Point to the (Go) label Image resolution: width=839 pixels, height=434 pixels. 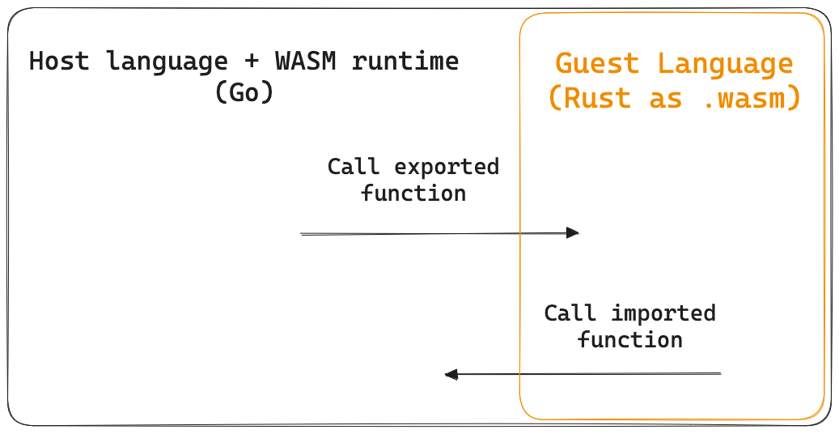tap(244, 92)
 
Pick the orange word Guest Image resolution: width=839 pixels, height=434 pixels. tap(597, 63)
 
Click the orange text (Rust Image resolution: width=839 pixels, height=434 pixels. tap(588, 98)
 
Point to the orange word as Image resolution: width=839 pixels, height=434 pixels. tap(665, 98)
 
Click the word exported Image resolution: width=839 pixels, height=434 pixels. tap(447, 167)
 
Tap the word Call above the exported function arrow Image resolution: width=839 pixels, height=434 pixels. tap(353, 167)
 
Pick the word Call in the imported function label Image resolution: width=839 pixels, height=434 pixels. tap(570, 313)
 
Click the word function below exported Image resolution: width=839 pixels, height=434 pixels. tap(413, 194)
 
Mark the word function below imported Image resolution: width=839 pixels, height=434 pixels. tap(630, 339)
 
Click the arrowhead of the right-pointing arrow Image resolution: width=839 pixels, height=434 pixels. tap(573, 233)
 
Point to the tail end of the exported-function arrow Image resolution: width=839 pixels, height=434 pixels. tap(303, 234)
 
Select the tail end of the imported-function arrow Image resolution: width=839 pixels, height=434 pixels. tap(718, 374)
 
